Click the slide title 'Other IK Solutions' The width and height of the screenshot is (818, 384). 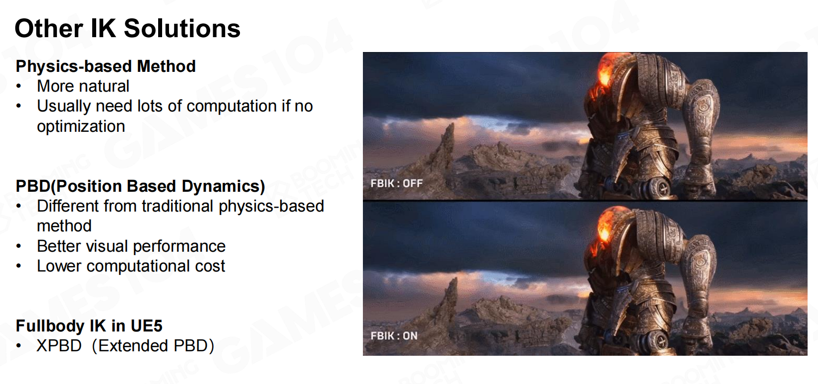[x=127, y=28]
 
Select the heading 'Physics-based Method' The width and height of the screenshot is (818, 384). [x=106, y=66]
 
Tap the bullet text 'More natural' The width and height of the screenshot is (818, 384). [x=83, y=86]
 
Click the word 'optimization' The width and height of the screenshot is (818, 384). [x=81, y=127]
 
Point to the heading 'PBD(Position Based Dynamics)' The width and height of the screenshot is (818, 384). [x=140, y=186]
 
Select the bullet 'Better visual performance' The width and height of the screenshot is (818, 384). [x=131, y=246]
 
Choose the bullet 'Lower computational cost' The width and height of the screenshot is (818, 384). [x=131, y=266]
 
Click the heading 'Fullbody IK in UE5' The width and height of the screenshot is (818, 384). [x=89, y=326]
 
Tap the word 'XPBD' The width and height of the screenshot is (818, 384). [x=59, y=346]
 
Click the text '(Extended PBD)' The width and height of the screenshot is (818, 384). [x=153, y=346]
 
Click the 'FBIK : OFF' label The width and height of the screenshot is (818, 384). [x=397, y=183]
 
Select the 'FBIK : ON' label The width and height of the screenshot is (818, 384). [x=394, y=336]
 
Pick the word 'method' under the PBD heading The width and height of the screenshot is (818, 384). [x=64, y=226]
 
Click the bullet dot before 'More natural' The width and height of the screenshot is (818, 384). [x=19, y=87]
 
